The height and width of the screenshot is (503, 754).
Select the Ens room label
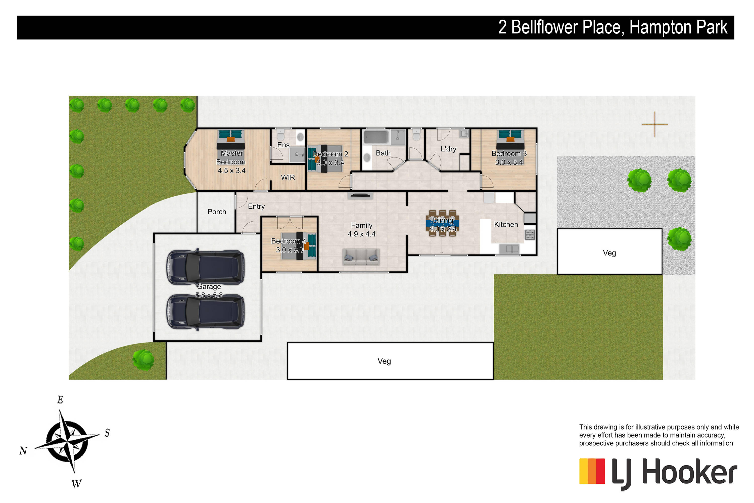point(284,145)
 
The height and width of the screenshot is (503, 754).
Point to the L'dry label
point(448,149)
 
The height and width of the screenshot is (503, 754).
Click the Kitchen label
point(506,225)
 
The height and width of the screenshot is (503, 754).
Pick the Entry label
point(256,206)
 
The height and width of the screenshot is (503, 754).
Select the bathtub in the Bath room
point(376,137)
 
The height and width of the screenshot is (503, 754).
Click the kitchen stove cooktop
point(530,235)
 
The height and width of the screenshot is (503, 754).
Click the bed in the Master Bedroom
point(231,140)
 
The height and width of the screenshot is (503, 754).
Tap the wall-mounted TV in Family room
point(360,195)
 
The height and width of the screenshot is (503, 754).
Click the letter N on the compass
point(23,451)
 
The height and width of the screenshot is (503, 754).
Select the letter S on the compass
point(107,433)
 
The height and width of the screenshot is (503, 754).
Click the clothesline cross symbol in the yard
point(655,124)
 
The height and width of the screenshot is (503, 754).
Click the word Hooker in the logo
point(690,473)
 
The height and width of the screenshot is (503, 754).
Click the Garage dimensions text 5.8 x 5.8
point(209,295)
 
